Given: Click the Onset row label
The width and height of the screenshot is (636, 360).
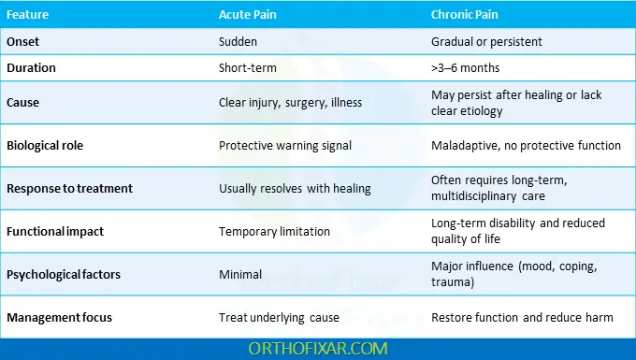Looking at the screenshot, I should [x=24, y=42].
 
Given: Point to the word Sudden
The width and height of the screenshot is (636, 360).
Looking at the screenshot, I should [x=238, y=42].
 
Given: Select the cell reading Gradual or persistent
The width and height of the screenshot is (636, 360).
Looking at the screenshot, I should [x=486, y=42].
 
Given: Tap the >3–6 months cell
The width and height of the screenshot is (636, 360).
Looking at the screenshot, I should [x=466, y=67].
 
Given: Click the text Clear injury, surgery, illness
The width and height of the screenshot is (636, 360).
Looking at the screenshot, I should [x=291, y=103].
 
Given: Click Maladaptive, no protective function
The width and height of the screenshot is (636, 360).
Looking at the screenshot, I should [x=526, y=145].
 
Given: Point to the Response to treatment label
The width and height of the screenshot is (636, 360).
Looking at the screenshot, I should [x=69, y=188].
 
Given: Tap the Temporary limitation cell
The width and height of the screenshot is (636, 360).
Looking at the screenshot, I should [x=274, y=231].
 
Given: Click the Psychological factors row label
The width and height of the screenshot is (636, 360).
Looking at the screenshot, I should [x=63, y=274].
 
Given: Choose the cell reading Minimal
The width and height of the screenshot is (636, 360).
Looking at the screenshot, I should [x=240, y=274].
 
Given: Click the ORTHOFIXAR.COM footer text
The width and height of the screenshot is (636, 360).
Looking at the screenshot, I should [x=318, y=347].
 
